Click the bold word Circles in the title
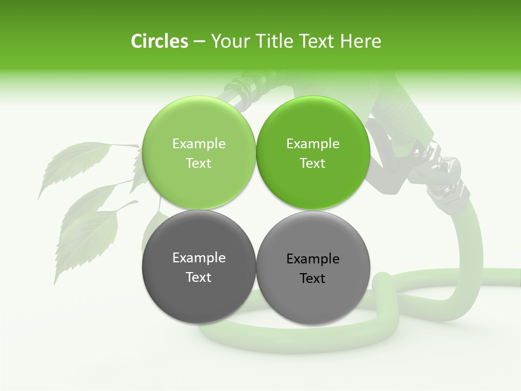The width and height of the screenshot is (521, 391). click(159, 41)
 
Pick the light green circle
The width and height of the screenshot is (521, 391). click(199, 125)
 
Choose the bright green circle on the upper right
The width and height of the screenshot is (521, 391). click(313, 125)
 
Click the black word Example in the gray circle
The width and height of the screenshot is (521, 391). click(313, 259)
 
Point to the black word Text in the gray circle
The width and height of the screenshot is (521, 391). click(313, 279)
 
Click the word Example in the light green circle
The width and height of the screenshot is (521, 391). click(199, 144)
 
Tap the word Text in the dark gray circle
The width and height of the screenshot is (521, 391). click(199, 278)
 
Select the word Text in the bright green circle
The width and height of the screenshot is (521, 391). click(313, 163)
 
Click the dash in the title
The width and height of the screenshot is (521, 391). click(199, 42)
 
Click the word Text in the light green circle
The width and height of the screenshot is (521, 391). click(199, 163)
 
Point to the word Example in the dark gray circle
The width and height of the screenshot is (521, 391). click(199, 258)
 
